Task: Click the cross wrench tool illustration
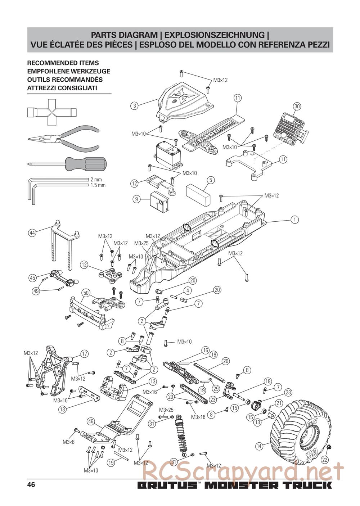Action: pyautogui.click(x=52, y=112)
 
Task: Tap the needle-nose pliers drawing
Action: pyautogui.click(x=64, y=139)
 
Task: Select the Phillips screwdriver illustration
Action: pyautogui.click(x=68, y=163)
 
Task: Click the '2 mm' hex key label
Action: pyautogui.click(x=96, y=180)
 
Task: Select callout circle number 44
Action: pyautogui.click(x=32, y=233)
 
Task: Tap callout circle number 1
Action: pyautogui.click(x=294, y=219)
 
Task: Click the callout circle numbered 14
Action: pyautogui.click(x=259, y=446)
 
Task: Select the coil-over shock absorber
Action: pyautogui.click(x=182, y=434)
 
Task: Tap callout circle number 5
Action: pyautogui.click(x=211, y=180)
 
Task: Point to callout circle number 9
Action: pyautogui.click(x=136, y=199)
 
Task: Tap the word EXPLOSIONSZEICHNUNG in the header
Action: pyautogui.click(x=214, y=35)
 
